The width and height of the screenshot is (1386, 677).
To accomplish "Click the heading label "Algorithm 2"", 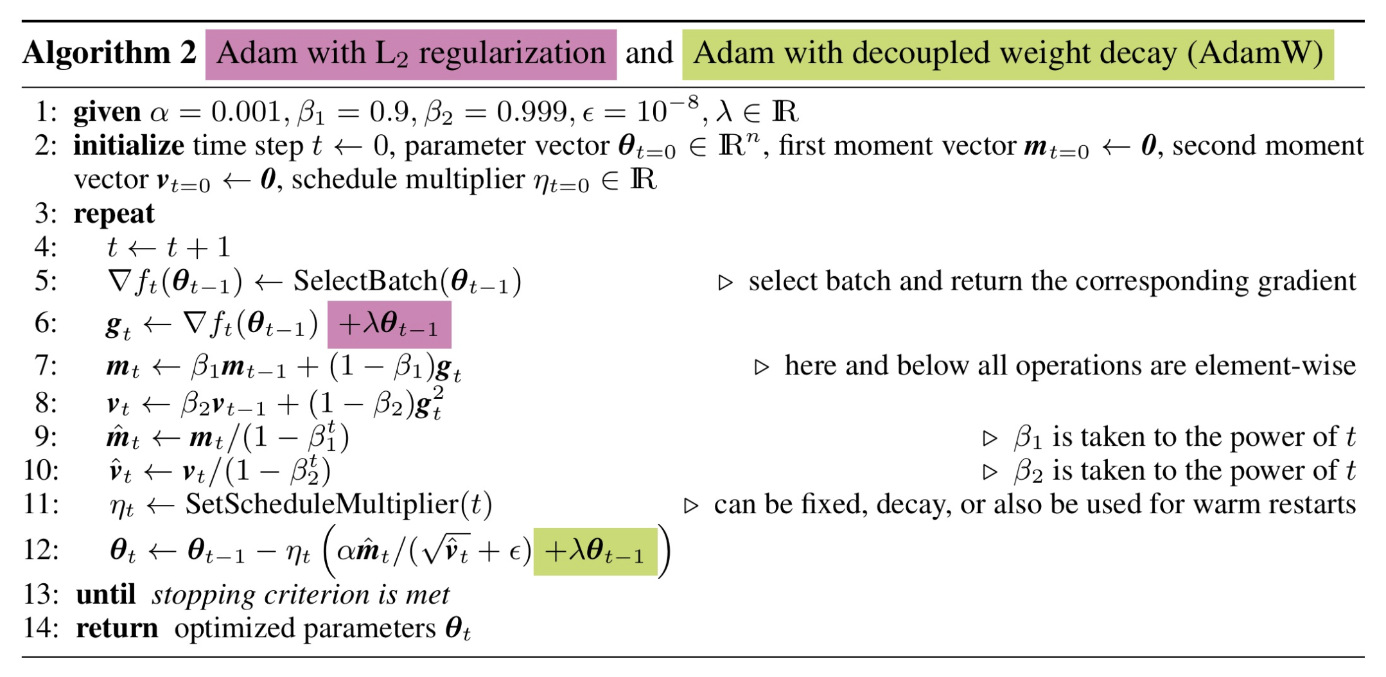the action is tap(109, 53).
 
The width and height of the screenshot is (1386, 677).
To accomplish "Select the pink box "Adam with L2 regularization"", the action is tap(411, 55).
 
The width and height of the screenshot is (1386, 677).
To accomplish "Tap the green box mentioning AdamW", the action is tap(1008, 55).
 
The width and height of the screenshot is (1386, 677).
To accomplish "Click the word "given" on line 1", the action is tap(107, 112).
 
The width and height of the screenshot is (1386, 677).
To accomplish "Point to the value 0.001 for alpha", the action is tap(247, 112).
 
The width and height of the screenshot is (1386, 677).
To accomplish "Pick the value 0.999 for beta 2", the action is tap(532, 112).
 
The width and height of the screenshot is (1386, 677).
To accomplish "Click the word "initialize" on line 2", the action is tap(128, 146).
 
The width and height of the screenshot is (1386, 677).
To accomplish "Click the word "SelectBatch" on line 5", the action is tap(365, 281).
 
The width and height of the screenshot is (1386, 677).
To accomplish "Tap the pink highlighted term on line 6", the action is tap(389, 324).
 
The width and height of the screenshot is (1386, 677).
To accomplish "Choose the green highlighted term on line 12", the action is tap(595, 552).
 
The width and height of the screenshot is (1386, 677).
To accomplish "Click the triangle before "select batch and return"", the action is tap(725, 283).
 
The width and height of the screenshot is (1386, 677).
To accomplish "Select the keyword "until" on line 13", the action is tap(106, 595).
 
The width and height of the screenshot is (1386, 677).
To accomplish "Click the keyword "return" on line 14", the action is tap(117, 629).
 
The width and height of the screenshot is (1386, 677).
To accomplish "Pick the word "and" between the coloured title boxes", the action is tap(649, 53).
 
